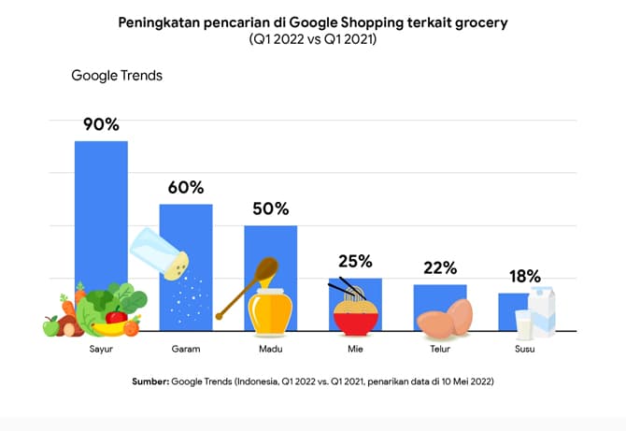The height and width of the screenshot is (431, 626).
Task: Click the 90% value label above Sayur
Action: point(101,124)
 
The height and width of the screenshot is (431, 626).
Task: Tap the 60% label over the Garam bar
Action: point(186,187)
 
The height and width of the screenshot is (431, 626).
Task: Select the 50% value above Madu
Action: point(271,208)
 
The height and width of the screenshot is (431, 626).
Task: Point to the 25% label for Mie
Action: point(355,261)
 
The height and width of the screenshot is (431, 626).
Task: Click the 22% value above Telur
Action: point(440,267)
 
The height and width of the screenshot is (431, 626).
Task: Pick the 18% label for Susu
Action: point(524,276)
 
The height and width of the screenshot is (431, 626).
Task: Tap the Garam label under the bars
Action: point(185,351)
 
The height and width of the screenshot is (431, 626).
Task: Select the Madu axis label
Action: point(271,351)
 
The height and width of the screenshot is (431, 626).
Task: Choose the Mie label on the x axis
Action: point(355,351)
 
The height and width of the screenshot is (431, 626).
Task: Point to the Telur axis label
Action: point(440,351)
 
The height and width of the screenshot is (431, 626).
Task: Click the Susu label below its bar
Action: point(525,351)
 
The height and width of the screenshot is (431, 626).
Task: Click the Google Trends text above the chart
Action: point(117,76)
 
